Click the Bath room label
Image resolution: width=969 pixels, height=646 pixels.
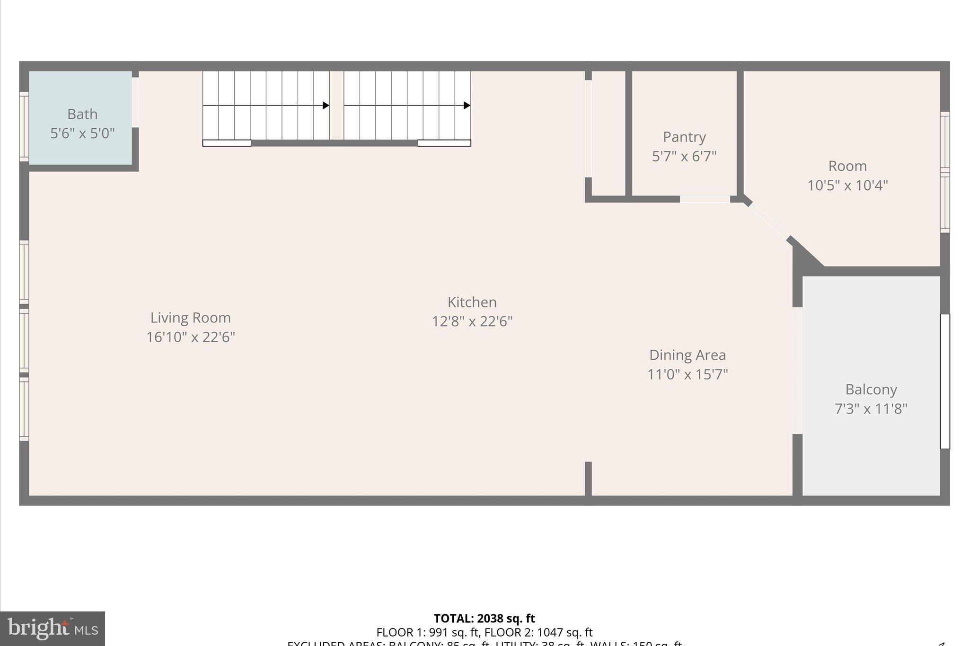pyautogui.click(x=82, y=114)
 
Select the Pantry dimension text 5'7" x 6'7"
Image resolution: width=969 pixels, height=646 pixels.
pyautogui.click(x=684, y=156)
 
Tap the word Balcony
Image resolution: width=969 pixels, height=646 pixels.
pyautogui.click(x=871, y=389)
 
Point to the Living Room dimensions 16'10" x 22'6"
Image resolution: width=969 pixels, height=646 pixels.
pyautogui.click(x=190, y=337)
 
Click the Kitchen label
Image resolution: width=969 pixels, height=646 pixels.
pyautogui.click(x=472, y=302)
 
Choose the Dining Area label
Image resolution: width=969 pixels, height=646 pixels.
pyautogui.click(x=687, y=355)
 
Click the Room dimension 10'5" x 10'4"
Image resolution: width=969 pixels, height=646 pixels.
pyautogui.click(x=847, y=185)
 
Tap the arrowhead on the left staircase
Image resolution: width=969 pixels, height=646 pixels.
pyautogui.click(x=326, y=105)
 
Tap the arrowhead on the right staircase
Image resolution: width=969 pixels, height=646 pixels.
pyautogui.click(x=467, y=105)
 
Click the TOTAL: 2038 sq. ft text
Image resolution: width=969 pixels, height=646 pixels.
pyautogui.click(x=484, y=618)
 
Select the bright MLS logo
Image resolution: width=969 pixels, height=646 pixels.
pyautogui.click(x=53, y=628)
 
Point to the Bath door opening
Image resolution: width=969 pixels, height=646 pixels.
pyautogui.click(x=135, y=102)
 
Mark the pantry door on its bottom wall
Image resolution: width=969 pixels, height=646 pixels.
pyautogui.click(x=705, y=199)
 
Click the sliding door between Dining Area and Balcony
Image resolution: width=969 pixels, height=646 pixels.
pyautogui.click(x=797, y=371)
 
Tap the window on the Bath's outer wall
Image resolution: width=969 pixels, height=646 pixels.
pyautogui.click(x=24, y=126)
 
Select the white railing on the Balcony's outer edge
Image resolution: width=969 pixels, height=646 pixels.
pyautogui.click(x=945, y=381)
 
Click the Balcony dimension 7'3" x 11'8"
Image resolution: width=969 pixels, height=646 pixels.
pyautogui.click(x=871, y=408)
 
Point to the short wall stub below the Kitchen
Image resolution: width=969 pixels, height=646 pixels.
pyautogui.click(x=588, y=478)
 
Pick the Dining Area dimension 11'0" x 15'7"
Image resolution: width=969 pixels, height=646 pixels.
pyautogui.click(x=687, y=374)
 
